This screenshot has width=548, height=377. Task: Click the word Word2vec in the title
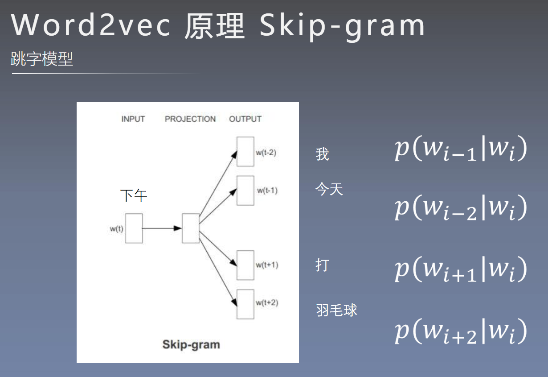[91, 25]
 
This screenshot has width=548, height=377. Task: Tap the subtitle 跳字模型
[41, 59]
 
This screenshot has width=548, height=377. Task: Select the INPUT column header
[133, 119]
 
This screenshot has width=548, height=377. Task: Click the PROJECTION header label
[190, 119]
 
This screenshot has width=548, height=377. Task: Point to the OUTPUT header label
[245, 119]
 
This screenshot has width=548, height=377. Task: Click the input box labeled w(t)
[134, 228]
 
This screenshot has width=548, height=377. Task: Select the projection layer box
[191, 228]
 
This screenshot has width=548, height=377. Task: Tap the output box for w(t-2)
[245, 152]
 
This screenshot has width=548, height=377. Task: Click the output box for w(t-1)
[245, 191]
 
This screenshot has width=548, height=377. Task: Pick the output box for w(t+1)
[245, 265]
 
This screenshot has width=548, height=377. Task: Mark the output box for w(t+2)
[245, 304]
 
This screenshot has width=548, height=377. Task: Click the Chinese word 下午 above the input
[134, 195]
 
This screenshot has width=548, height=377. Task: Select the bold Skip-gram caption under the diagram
[191, 344]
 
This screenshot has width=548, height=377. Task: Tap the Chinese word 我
[322, 154]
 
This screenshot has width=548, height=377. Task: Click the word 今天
[329, 190]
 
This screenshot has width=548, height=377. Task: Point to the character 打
[322, 265]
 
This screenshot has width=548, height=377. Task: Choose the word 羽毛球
[336, 310]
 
